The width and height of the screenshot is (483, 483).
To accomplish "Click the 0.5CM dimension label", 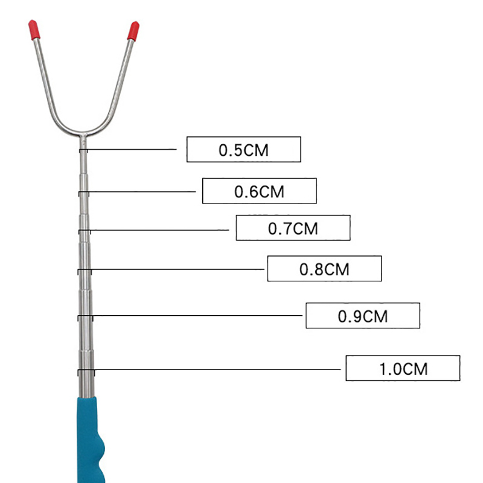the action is click(x=244, y=149).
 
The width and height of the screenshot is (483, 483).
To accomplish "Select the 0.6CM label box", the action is click(x=260, y=191).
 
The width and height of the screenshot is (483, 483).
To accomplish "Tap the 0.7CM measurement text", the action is click(x=293, y=229).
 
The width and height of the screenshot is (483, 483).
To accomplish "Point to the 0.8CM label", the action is click(x=324, y=269).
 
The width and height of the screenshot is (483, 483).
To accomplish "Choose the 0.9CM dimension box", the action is click(x=363, y=316).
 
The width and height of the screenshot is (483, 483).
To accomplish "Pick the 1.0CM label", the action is click(x=403, y=368).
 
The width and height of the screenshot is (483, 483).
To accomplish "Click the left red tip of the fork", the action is click(x=34, y=30).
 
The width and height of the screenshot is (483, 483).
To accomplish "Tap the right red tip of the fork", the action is click(x=133, y=31).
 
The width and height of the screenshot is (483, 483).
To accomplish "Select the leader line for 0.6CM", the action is click(x=142, y=191).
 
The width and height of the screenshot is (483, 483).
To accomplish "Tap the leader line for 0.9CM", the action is click(x=197, y=315).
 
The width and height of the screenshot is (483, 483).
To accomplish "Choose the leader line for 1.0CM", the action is click(x=217, y=369).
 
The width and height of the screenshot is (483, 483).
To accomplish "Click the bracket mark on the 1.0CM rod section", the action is click(x=86, y=372).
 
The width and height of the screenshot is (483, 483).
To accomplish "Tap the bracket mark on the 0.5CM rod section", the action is click(x=83, y=150).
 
